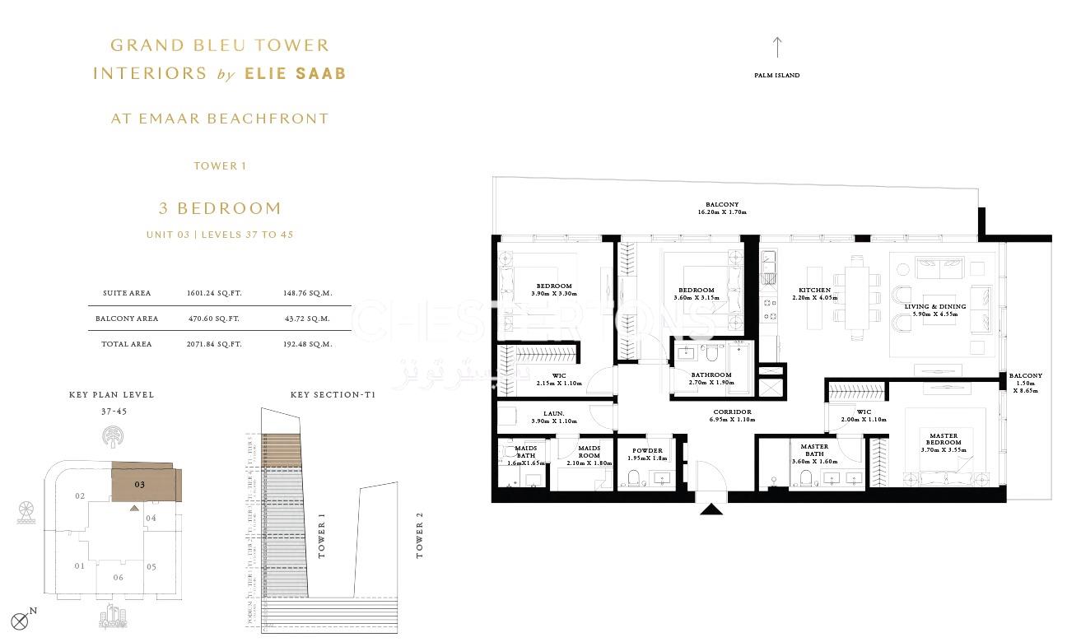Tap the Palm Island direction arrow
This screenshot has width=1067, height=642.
[x=776, y=47]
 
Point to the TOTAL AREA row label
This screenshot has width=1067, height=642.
[x=126, y=344]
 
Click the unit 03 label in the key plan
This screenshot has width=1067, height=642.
[x=140, y=485]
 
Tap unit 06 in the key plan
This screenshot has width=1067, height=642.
[x=119, y=577]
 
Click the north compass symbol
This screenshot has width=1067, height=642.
[x=20, y=621]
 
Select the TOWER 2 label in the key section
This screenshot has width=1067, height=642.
[x=420, y=536]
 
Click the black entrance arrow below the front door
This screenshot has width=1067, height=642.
[x=711, y=509]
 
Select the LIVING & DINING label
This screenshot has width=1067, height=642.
[x=935, y=306]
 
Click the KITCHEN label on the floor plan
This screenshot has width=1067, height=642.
[x=814, y=291]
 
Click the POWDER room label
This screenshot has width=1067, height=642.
[x=647, y=450]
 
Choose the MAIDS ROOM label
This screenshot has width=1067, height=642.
[x=589, y=452]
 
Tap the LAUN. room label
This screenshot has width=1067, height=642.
[x=553, y=413]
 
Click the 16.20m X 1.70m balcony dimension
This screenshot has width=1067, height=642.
[x=721, y=212]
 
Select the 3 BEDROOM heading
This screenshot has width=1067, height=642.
[x=220, y=208]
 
